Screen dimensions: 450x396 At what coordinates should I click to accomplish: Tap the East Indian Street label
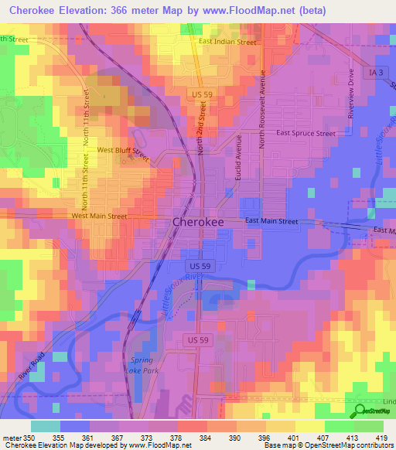tap(227, 42)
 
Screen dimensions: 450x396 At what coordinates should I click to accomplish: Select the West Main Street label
tap(99, 216)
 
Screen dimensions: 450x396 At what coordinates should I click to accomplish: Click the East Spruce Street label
tap(306, 133)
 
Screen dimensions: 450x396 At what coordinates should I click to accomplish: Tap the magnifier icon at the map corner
tap(360, 412)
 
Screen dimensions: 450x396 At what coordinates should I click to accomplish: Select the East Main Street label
tap(271, 222)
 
